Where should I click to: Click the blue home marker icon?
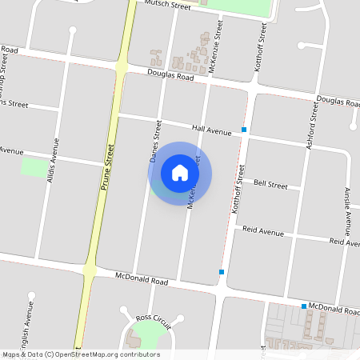point(180,172)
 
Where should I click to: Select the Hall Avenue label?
point(211,130)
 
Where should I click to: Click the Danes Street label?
point(156,142)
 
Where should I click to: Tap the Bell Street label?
point(270,184)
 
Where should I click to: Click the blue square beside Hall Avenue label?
point(243,130)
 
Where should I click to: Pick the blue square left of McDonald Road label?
point(304,306)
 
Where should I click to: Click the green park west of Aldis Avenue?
point(34,168)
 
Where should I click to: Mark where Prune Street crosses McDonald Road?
point(89,271)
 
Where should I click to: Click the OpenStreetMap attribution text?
point(80,354)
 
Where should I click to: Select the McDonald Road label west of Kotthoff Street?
point(141,282)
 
